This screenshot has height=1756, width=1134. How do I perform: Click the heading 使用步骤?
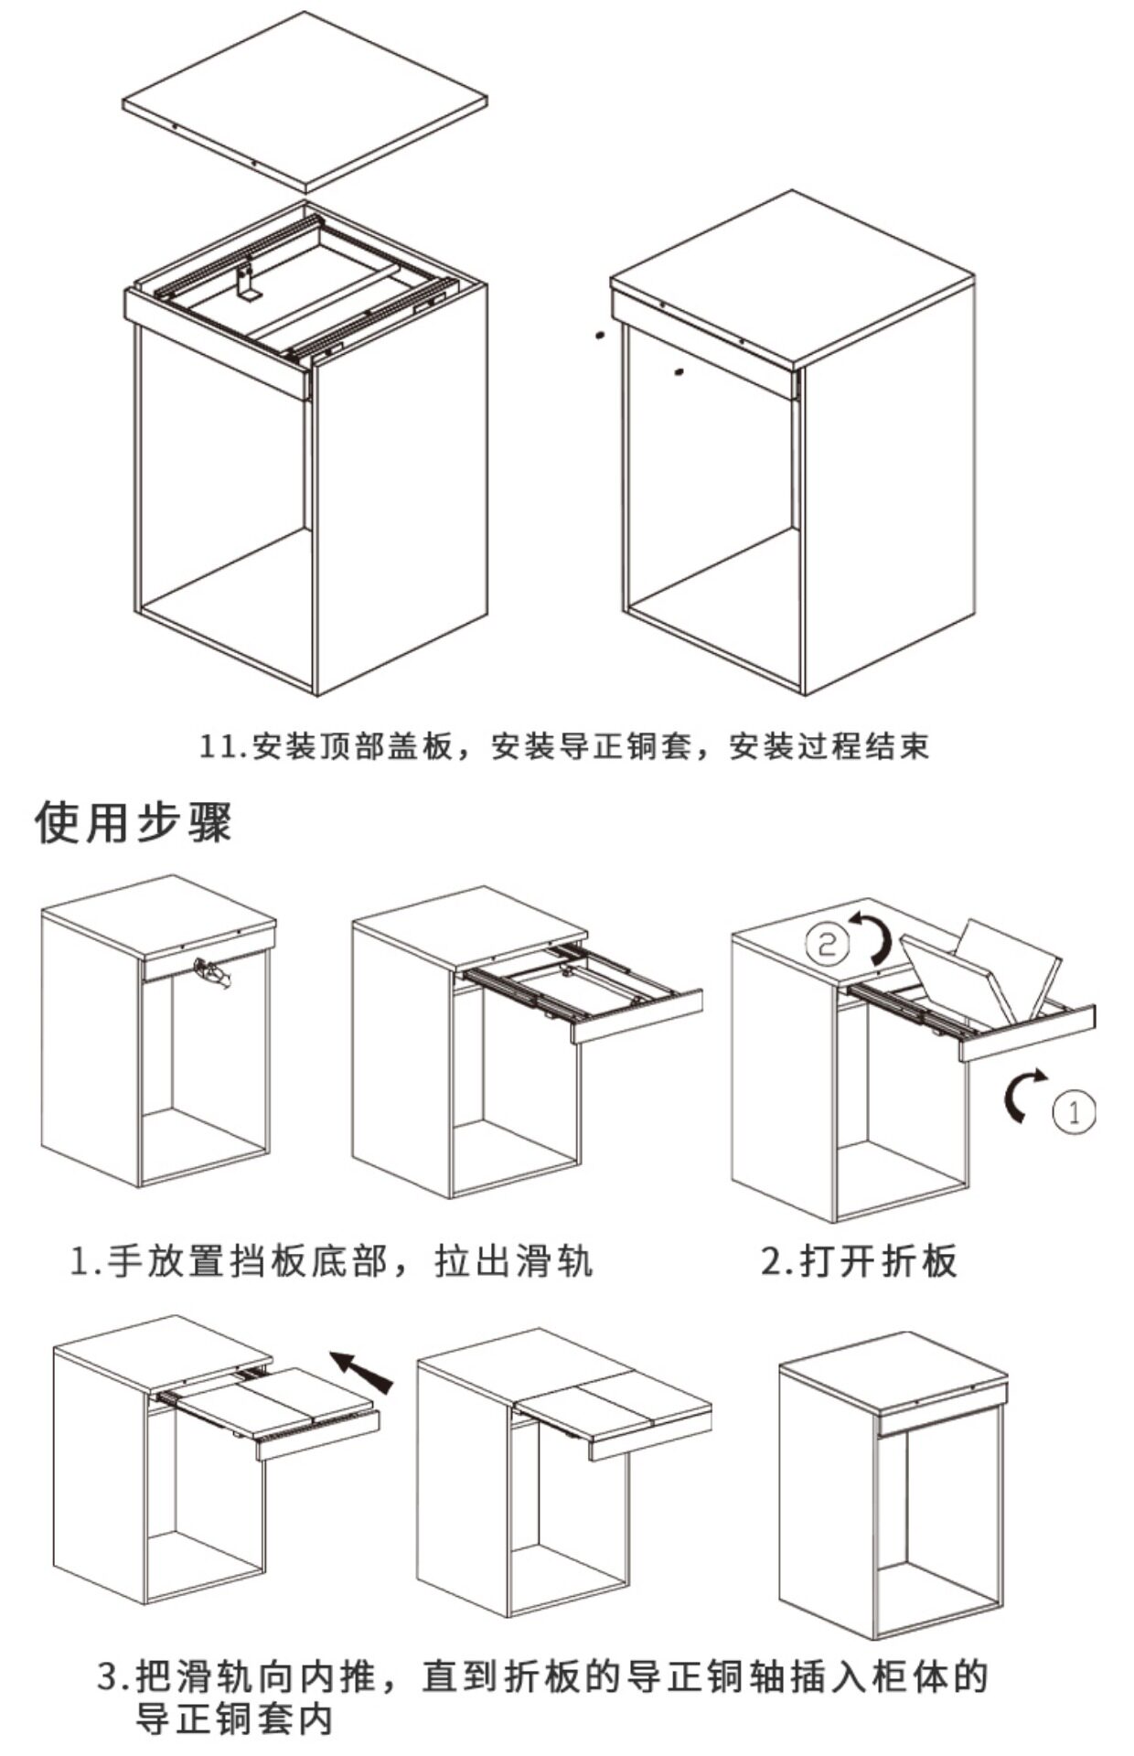click(134, 821)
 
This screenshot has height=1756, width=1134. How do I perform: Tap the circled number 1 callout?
click(1074, 1111)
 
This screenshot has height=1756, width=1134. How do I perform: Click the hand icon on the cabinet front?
click(212, 973)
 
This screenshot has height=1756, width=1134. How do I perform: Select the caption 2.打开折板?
click(859, 1261)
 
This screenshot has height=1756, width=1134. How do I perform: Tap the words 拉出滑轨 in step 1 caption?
click(515, 1261)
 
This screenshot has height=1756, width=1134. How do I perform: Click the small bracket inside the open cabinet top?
click(246, 283)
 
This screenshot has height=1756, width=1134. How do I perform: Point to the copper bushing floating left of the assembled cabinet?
click(599, 335)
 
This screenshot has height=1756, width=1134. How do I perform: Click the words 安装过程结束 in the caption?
click(829, 747)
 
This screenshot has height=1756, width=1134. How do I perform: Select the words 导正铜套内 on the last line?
click(233, 1720)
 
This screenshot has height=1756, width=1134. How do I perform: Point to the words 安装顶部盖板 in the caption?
click(352, 747)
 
